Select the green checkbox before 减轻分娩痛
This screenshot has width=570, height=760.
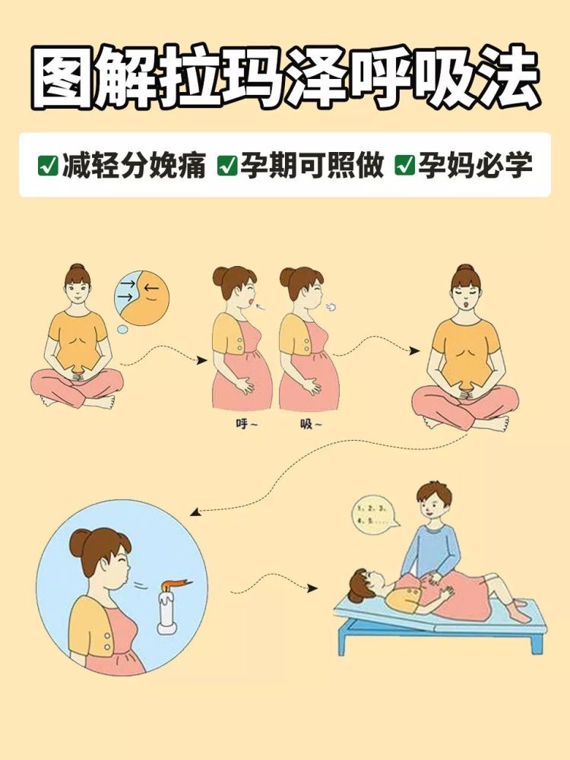[x=48, y=165]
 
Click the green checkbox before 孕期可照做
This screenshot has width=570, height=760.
[x=226, y=165]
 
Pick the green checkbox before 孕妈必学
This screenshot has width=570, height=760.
[x=404, y=165]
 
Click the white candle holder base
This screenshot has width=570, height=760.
[x=169, y=628]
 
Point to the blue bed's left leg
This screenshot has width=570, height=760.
[x=344, y=642]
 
